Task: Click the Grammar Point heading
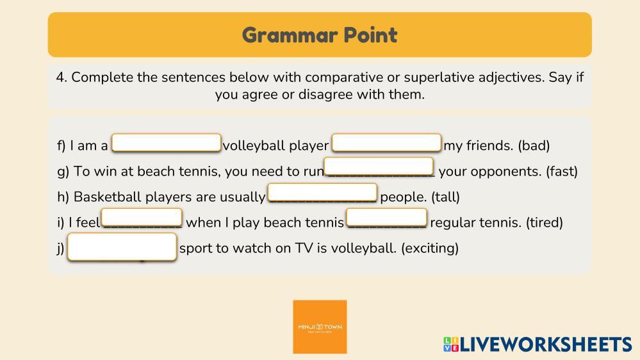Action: pos(320,35)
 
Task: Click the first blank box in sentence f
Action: pos(167,143)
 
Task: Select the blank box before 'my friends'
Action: pos(386,143)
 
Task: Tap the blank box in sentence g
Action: pos(379,167)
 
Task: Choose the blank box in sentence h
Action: pos(322,192)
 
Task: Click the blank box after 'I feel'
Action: pos(142,218)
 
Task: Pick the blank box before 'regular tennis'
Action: pos(386,218)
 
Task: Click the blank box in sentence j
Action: pos(122,247)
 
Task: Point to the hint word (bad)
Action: pos(534,145)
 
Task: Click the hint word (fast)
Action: pos(562,172)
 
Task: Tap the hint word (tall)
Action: pos(445,197)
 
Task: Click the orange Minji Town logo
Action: pos(320,327)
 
